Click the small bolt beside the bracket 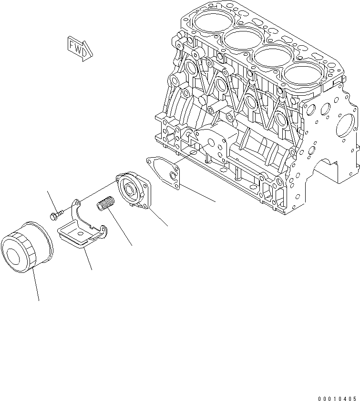[x=54, y=215]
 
